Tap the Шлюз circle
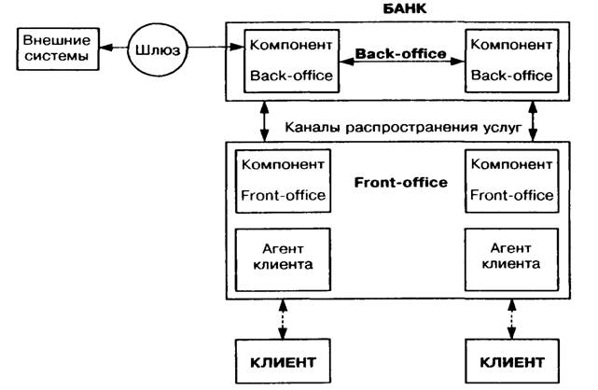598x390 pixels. [154, 48]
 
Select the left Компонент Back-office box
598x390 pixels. [289, 60]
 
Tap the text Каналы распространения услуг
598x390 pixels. [395, 123]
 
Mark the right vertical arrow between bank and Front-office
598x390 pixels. [534, 121]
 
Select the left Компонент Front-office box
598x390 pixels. [283, 179]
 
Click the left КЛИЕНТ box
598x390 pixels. [283, 359]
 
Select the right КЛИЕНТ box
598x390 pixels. [509, 359]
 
